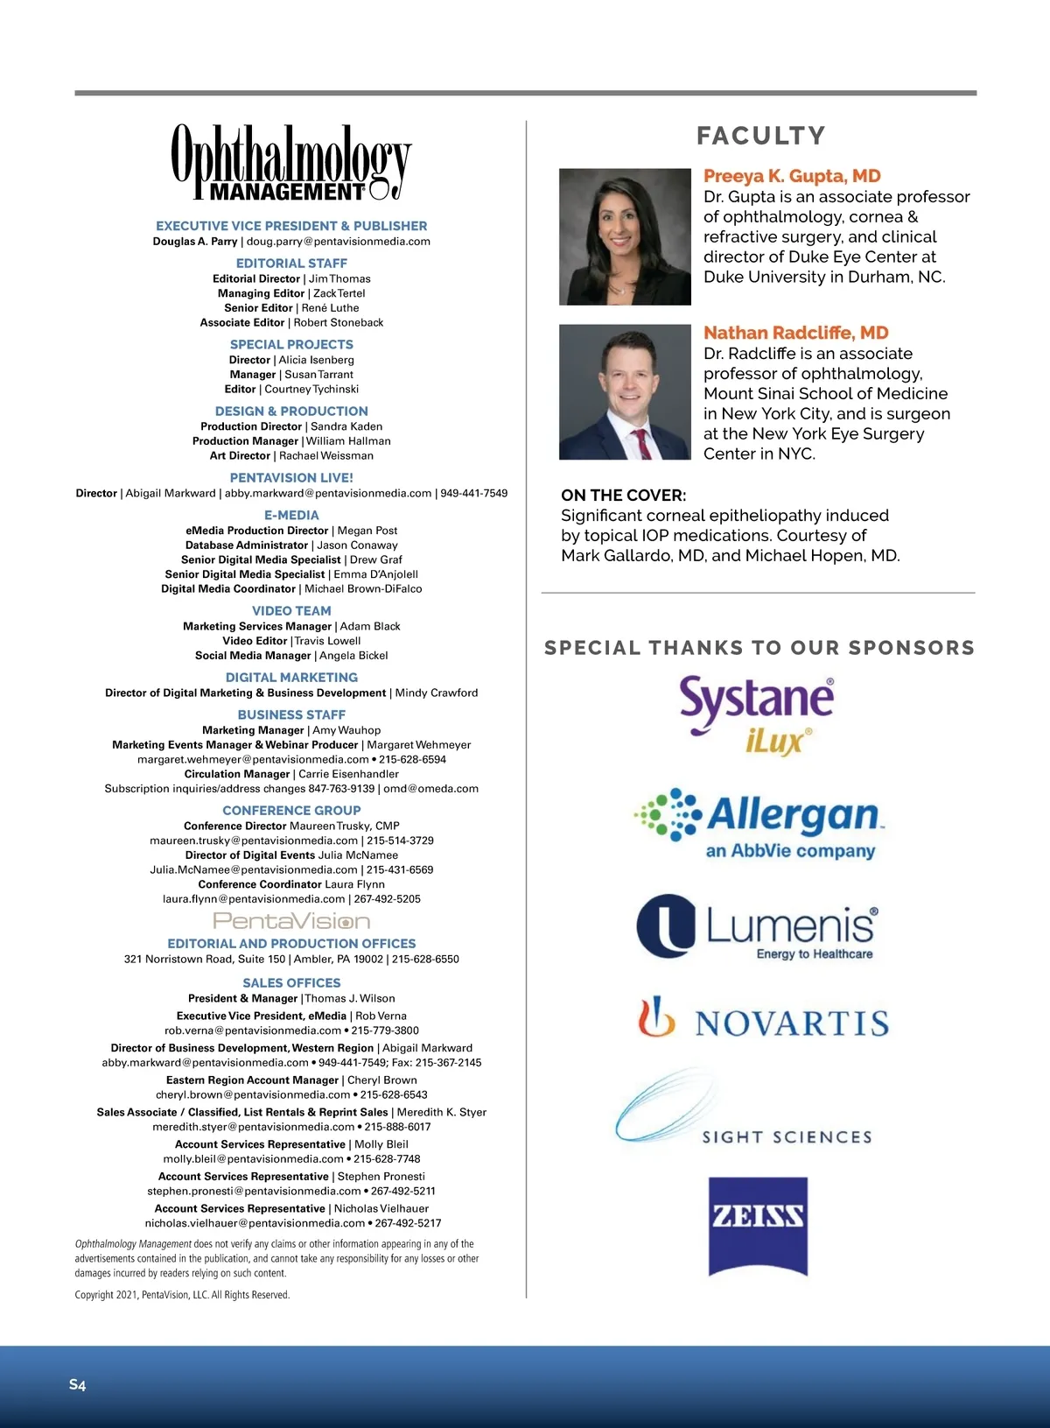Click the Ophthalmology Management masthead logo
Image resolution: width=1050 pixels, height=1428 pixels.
pyautogui.click(x=290, y=163)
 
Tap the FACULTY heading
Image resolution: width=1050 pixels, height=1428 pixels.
pyautogui.click(x=760, y=136)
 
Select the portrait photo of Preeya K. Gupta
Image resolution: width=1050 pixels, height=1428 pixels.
pyautogui.click(x=625, y=236)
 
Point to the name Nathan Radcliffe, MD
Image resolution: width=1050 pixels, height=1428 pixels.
pyautogui.click(x=795, y=333)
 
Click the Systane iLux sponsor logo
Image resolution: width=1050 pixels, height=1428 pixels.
pyautogui.click(x=757, y=714)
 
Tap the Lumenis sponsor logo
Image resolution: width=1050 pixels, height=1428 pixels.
pyautogui.click(x=757, y=926)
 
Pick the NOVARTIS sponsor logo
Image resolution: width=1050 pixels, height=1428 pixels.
pyautogui.click(x=763, y=1020)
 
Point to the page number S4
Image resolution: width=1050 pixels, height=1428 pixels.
pyautogui.click(x=78, y=1384)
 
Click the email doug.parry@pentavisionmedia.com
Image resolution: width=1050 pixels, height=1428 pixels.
pyautogui.click(x=339, y=242)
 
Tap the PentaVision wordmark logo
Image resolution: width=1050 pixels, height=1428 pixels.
pyautogui.click(x=291, y=921)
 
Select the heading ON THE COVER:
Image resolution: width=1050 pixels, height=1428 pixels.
pyautogui.click(x=623, y=496)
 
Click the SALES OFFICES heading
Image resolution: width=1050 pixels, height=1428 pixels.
pyautogui.click(x=291, y=983)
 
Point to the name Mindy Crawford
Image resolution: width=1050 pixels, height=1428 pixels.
pyautogui.click(x=437, y=693)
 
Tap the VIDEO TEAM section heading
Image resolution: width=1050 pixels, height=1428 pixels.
pyautogui.click(x=291, y=611)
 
